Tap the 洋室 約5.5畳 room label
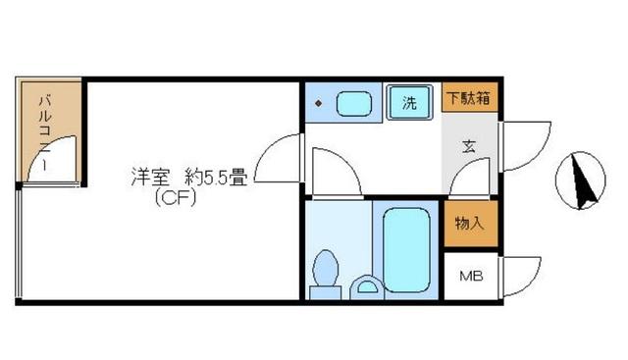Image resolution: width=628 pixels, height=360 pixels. (188, 179)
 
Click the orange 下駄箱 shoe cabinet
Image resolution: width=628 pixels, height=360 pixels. (470, 98)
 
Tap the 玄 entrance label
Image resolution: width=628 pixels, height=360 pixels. (469, 148)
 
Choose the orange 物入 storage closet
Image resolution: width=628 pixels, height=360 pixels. (469, 224)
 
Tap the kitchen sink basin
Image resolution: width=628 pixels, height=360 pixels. (352, 103)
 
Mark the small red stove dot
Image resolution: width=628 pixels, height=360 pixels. (318, 102)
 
